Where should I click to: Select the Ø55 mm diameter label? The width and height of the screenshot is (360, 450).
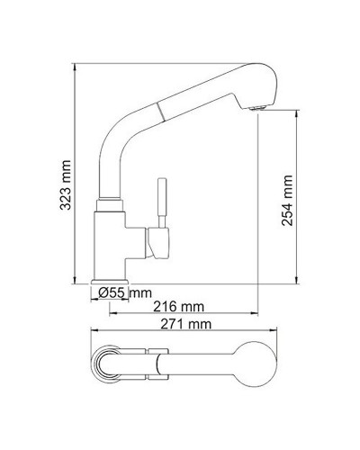point(126,292)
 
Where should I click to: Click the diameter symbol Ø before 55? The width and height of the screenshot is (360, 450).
point(104,292)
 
